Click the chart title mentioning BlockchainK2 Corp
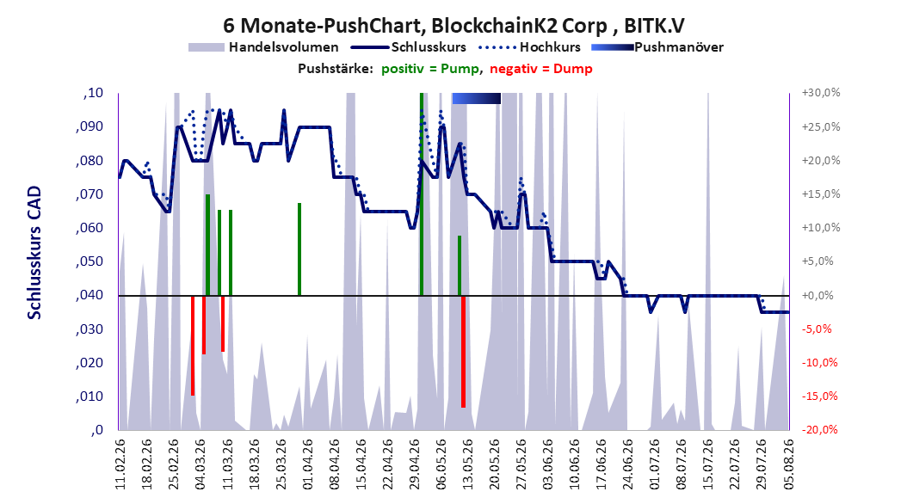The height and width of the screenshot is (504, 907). (x=453, y=26)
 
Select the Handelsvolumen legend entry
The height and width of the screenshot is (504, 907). (x=263, y=47)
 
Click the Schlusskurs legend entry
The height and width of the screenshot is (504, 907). (x=409, y=47)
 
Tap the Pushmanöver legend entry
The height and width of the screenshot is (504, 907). (x=657, y=47)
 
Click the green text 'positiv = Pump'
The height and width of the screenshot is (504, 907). (x=430, y=69)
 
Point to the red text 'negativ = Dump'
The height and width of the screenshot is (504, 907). (x=541, y=69)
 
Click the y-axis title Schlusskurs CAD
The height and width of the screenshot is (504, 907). (x=34, y=252)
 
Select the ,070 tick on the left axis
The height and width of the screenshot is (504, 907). (x=89, y=194)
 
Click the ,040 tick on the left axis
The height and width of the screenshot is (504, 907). (x=89, y=295)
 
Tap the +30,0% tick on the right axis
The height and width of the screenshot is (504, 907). (x=821, y=93)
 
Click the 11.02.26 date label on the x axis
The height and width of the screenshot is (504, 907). (x=120, y=464)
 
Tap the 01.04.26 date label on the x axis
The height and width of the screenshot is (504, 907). (x=308, y=464)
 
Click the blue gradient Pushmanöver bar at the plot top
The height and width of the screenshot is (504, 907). (x=476, y=98)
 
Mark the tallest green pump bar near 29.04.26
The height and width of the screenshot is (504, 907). (x=422, y=194)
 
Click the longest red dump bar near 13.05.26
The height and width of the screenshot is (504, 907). (x=463, y=352)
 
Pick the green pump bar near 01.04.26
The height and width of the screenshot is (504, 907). (x=299, y=249)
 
